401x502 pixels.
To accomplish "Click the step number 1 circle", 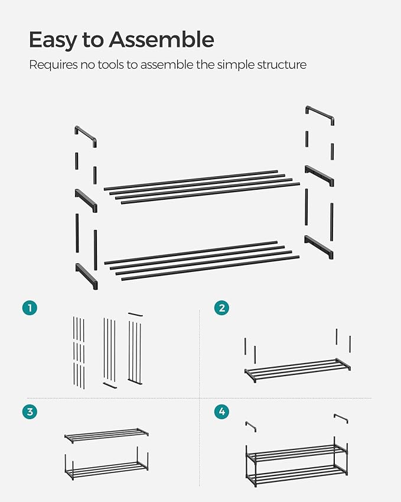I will pyautogui.click(x=30, y=307).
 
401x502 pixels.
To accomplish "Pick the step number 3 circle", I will pyautogui.click(x=30, y=412).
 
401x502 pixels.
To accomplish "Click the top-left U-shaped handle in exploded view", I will pyautogui.click(x=86, y=135).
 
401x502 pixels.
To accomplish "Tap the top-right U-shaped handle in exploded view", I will pyautogui.click(x=320, y=115).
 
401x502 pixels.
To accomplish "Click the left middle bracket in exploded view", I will pyautogui.click(x=86, y=200).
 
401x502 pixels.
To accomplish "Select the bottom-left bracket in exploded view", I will pyautogui.click(x=86, y=276).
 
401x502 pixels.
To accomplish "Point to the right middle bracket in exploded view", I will pyautogui.click(x=319, y=176).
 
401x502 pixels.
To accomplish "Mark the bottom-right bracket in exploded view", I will pyautogui.click(x=319, y=247).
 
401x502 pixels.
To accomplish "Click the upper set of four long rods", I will pyautogui.click(x=201, y=187).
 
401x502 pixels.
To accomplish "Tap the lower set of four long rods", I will pyautogui.click(x=201, y=260).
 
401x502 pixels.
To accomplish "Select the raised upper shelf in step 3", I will pyautogui.click(x=106, y=435).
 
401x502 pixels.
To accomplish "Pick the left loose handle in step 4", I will pyautogui.click(x=250, y=426).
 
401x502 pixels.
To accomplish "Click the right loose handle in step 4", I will pyautogui.click(x=341, y=418).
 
